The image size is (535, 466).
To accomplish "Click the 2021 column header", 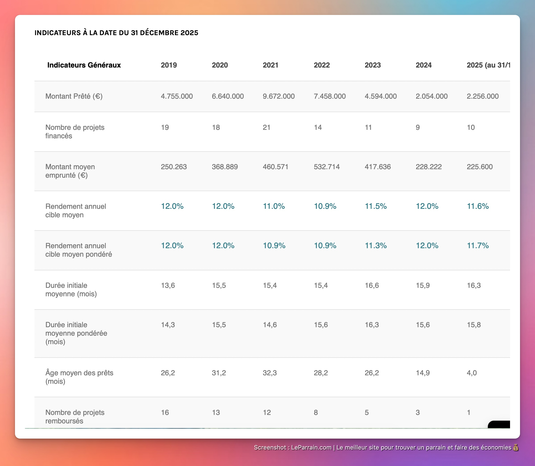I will (x=270, y=65).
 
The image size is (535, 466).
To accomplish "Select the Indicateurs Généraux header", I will (x=84, y=65).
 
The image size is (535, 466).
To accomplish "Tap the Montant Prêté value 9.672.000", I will (x=278, y=96).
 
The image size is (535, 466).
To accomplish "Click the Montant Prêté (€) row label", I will (x=74, y=96).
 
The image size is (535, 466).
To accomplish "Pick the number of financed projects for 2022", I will (x=318, y=127).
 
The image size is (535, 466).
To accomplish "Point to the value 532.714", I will (x=326, y=167).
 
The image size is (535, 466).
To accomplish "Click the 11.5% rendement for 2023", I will (x=375, y=206).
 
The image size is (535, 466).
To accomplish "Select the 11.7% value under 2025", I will (x=477, y=245).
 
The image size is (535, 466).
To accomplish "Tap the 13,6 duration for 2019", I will (x=168, y=285).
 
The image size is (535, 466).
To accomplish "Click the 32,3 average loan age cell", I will (x=270, y=373).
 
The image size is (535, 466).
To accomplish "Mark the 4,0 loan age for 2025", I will (x=471, y=373).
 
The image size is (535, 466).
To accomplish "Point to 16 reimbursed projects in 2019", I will (x=165, y=412).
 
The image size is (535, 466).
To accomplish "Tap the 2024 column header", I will (x=423, y=65).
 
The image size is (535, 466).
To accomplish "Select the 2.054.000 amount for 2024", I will (x=431, y=96).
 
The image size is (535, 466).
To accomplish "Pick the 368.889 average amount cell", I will (x=225, y=167).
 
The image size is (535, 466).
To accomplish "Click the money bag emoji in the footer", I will (x=516, y=448).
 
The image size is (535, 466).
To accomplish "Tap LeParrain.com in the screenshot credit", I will (x=311, y=448).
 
